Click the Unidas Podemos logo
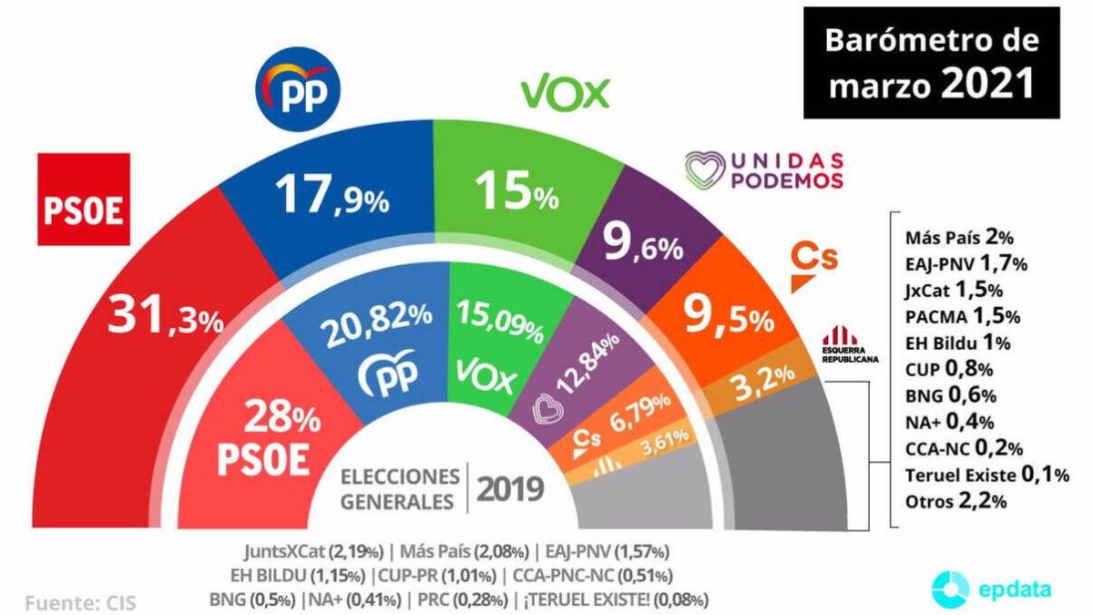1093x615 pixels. pyautogui.click(x=764, y=170)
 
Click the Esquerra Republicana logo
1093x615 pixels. pyautogui.click(x=850, y=347)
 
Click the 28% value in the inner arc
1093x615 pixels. pyautogui.click(x=285, y=419)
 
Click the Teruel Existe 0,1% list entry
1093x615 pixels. pyautogui.click(x=986, y=474)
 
